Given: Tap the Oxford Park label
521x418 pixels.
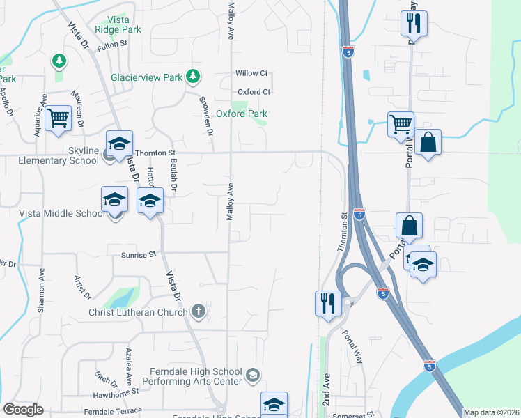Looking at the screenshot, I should point(242,114).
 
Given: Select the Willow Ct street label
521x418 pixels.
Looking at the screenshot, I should point(251,73).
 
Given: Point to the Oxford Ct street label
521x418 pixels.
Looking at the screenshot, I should point(254,92).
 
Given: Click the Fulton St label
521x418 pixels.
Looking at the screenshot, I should point(114,44).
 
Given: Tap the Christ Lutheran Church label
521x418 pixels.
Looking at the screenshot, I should point(138,312).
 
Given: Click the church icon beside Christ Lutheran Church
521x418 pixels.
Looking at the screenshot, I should point(199,311).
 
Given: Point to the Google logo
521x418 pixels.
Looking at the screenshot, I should point(23,410).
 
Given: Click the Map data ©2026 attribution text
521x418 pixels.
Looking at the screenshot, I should point(491,412).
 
